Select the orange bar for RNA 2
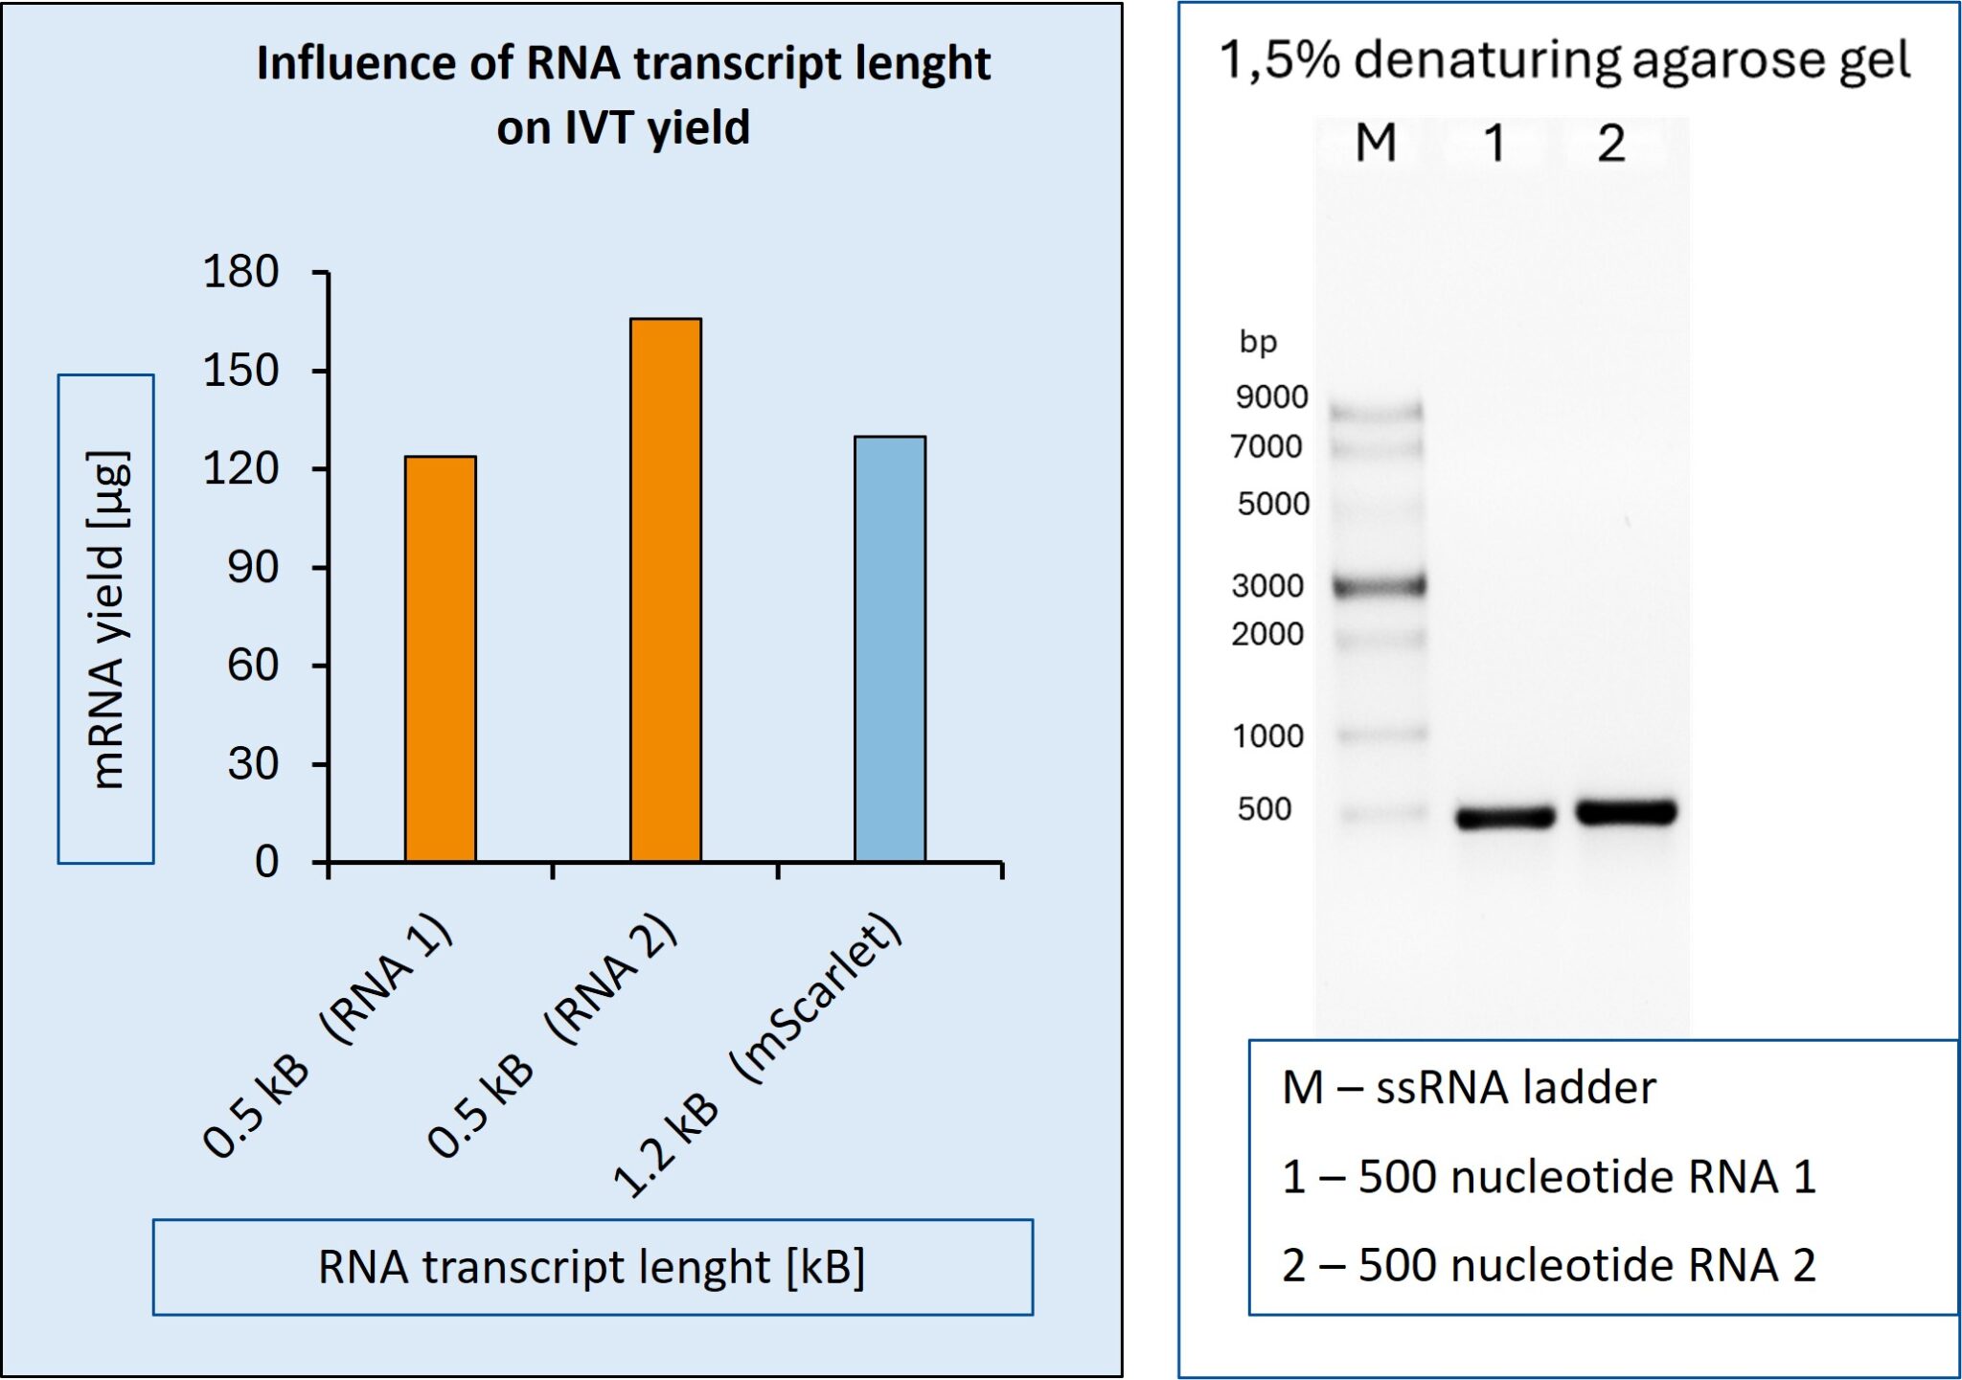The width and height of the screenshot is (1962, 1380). click(665, 590)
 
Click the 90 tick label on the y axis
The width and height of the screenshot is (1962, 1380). click(253, 567)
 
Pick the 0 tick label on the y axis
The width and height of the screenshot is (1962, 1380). click(266, 862)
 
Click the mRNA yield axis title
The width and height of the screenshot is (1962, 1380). click(106, 619)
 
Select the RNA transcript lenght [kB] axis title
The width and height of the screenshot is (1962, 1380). click(592, 1267)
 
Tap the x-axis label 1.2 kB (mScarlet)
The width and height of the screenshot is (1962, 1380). click(757, 1058)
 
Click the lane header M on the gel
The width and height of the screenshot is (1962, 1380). click(1376, 144)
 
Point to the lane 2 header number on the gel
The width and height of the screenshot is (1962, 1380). click(1611, 144)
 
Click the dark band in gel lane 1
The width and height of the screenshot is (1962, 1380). click(1505, 817)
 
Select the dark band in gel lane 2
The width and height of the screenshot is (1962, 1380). click(1626, 812)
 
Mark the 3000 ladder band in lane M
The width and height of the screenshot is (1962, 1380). click(1380, 585)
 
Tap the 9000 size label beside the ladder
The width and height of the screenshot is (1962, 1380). click(1271, 396)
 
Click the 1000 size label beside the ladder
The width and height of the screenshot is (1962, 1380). click(1267, 735)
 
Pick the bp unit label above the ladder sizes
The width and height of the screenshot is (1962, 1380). click(1258, 342)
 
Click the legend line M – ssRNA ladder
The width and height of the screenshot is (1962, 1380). click(1469, 1088)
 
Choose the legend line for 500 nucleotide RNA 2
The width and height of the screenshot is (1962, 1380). click(1548, 1265)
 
